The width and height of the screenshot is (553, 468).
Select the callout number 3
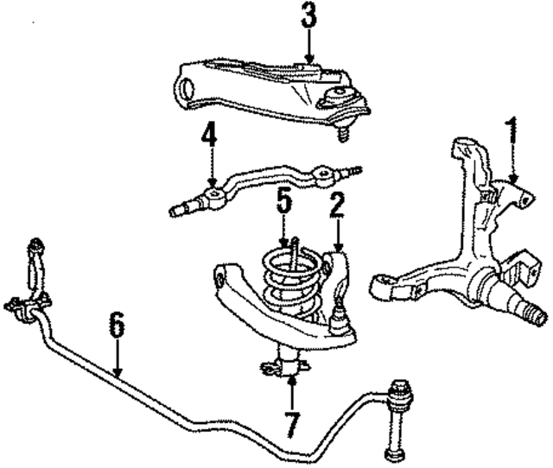[309, 16]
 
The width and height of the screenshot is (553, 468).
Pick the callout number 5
[283, 205]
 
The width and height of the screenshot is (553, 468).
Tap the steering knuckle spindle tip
[536, 306]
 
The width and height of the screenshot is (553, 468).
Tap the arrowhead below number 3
[309, 59]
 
